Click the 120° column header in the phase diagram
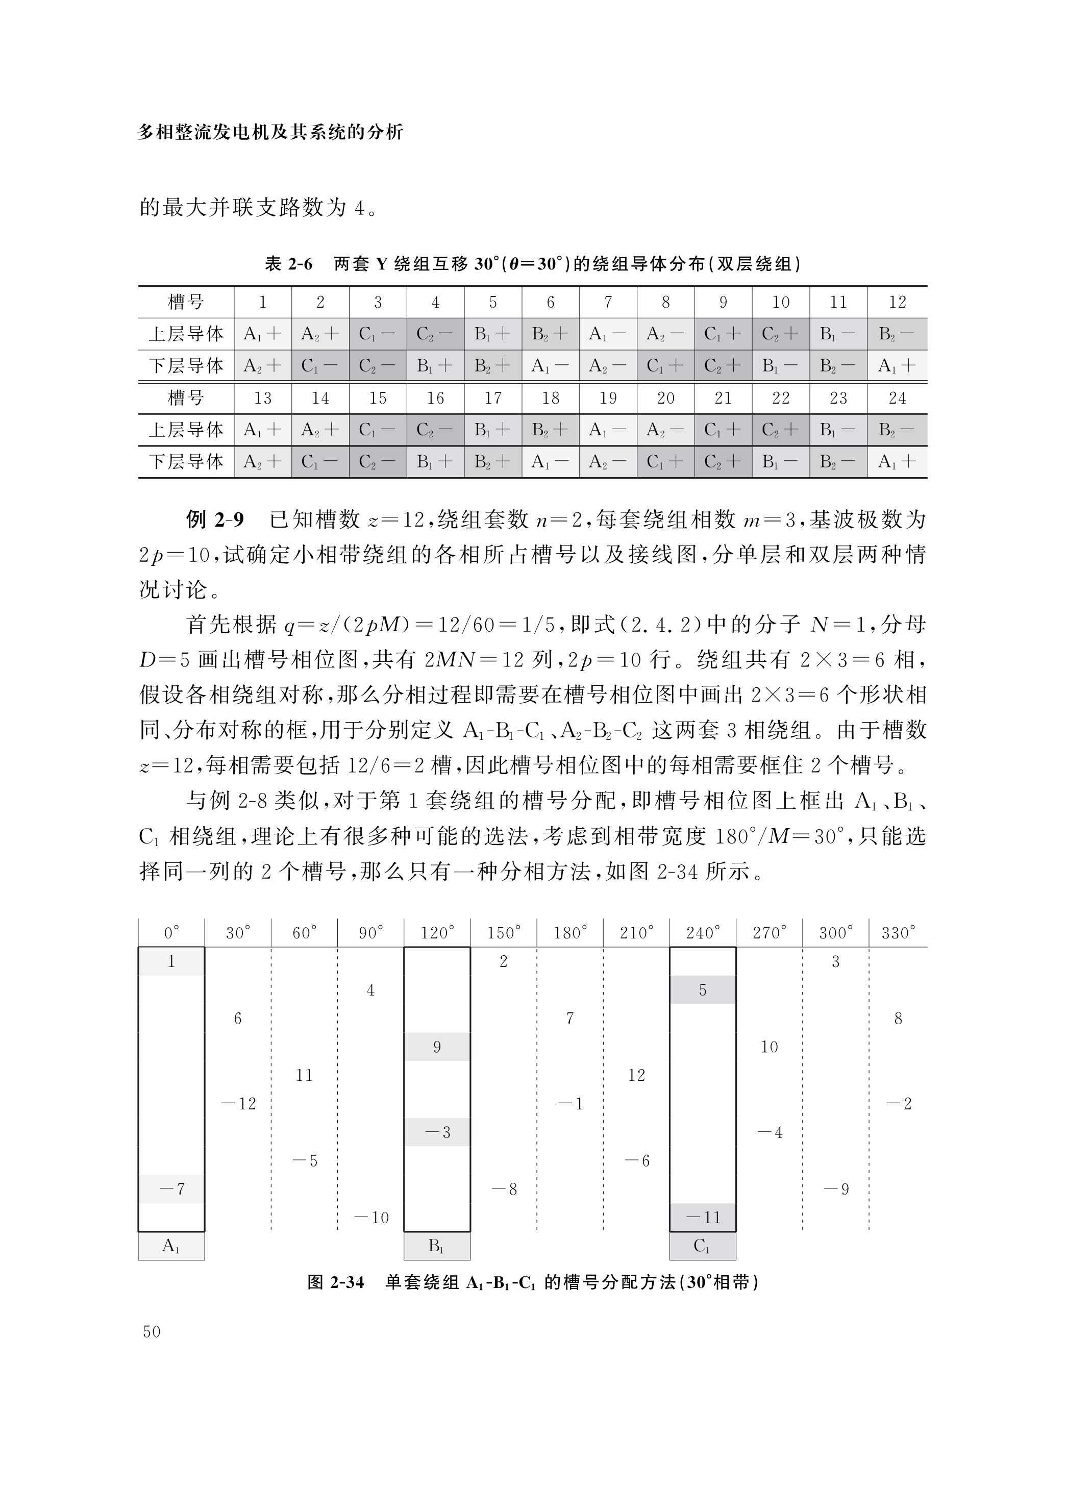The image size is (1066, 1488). click(437, 933)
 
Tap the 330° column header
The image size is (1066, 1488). click(898, 933)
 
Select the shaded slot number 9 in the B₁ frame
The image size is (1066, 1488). click(437, 1047)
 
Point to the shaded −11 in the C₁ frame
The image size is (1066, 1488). click(703, 1218)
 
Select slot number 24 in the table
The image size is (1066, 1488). click(897, 398)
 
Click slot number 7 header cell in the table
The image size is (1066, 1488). click(608, 303)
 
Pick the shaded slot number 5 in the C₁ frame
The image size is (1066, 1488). click(703, 990)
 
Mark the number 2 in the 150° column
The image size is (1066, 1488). click(504, 962)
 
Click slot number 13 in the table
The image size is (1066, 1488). click(262, 398)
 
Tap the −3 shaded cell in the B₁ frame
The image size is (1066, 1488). click(437, 1132)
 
